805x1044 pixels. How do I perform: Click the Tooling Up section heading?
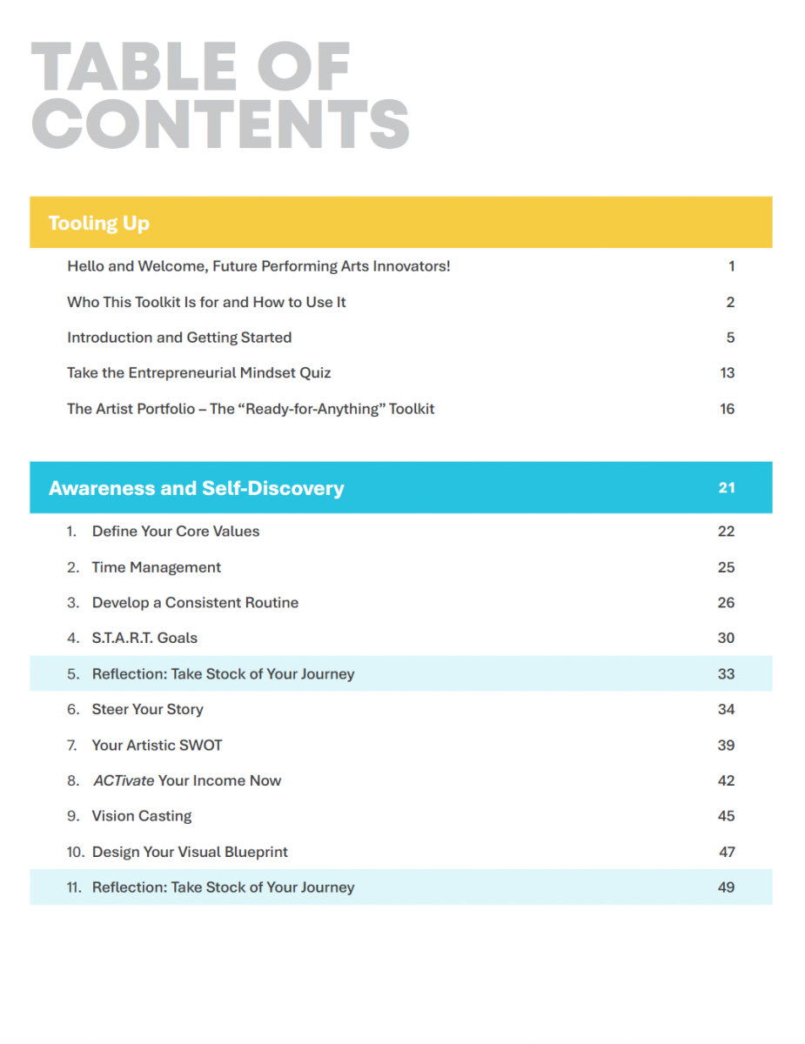[98, 224]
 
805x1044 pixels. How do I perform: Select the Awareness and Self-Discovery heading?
[196, 488]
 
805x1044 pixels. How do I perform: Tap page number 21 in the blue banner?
[727, 488]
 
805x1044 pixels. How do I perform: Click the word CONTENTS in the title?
[220, 124]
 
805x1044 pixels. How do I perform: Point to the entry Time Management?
[157, 567]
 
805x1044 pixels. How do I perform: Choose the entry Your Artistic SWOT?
[157, 745]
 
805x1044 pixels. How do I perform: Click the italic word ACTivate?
[124, 780]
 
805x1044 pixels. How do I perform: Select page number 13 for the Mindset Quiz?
[728, 373]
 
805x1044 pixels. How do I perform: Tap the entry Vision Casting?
[142, 816]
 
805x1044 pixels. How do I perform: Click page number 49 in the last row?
[727, 887]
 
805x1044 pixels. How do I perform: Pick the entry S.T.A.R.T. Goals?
[144, 638]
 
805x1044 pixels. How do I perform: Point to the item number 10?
[75, 852]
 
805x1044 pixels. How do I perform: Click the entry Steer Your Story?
[148, 709]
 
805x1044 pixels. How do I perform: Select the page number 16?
[728, 409]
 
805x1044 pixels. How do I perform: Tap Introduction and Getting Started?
[179, 338]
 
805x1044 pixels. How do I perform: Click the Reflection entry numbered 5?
[223, 673]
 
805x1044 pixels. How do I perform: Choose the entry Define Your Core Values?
[176, 532]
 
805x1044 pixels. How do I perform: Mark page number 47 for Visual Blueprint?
[727, 852]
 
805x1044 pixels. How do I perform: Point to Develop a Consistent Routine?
[195, 603]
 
